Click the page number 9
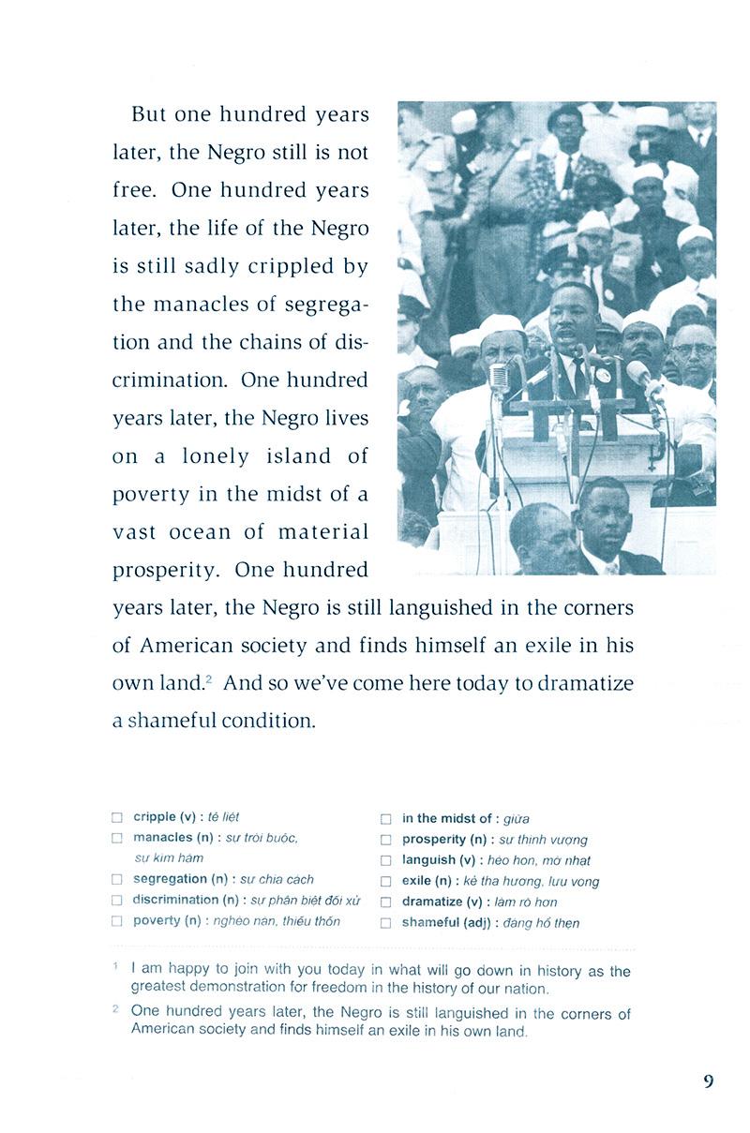point(708,1081)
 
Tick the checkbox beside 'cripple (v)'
point(116,817)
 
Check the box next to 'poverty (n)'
point(116,921)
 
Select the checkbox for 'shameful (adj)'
point(385,923)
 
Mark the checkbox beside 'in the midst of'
point(385,819)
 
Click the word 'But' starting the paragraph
point(150,114)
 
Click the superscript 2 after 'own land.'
point(209,678)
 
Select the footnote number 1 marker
point(115,966)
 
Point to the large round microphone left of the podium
point(499,377)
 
